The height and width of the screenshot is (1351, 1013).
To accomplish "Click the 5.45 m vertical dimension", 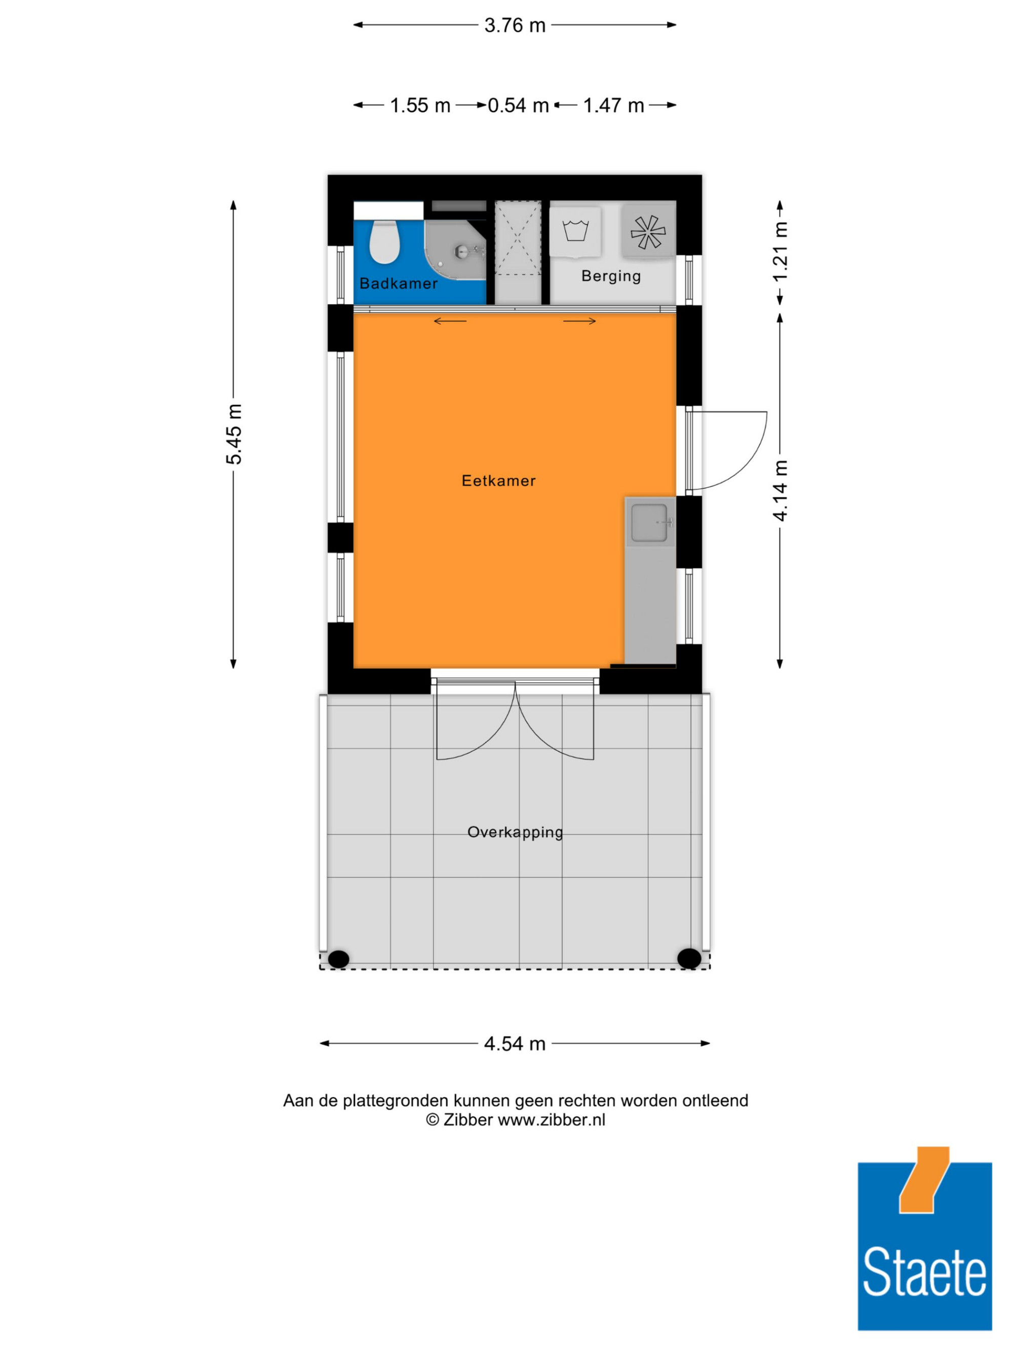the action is (234, 434).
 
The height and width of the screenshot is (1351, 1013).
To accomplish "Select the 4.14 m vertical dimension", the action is (781, 491).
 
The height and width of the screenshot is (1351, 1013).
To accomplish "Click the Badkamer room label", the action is (398, 283).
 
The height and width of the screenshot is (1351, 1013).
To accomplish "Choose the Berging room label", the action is (611, 277).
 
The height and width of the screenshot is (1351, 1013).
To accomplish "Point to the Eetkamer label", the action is (498, 481).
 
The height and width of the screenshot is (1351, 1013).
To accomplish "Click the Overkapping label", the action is (515, 832).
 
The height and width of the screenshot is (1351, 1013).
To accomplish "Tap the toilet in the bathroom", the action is (384, 242).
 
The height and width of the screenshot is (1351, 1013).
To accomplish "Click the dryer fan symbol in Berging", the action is (648, 232).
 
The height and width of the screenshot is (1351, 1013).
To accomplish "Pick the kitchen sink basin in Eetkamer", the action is (649, 522).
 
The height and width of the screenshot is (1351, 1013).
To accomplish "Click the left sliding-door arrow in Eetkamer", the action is (450, 321).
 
